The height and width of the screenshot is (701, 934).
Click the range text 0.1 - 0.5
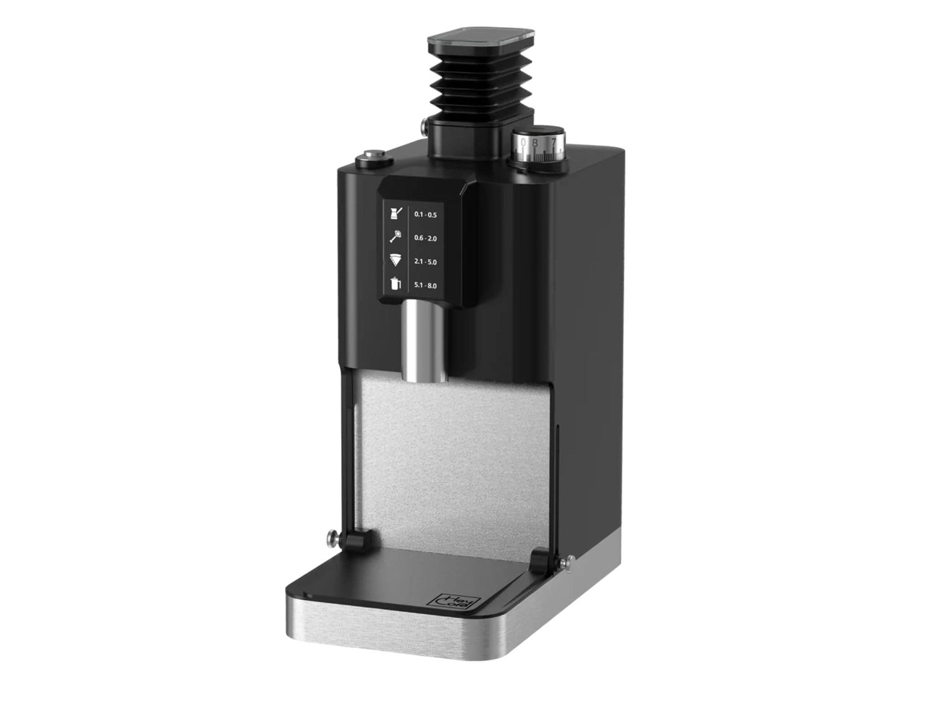click(425, 214)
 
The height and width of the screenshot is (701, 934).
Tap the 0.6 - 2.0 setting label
click(425, 238)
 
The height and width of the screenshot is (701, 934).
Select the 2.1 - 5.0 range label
click(425, 262)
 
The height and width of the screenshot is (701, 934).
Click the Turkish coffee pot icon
click(394, 213)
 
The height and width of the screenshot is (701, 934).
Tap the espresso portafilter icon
click(394, 237)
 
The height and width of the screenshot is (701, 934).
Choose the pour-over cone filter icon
click(394, 261)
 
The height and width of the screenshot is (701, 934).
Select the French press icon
click(394, 284)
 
